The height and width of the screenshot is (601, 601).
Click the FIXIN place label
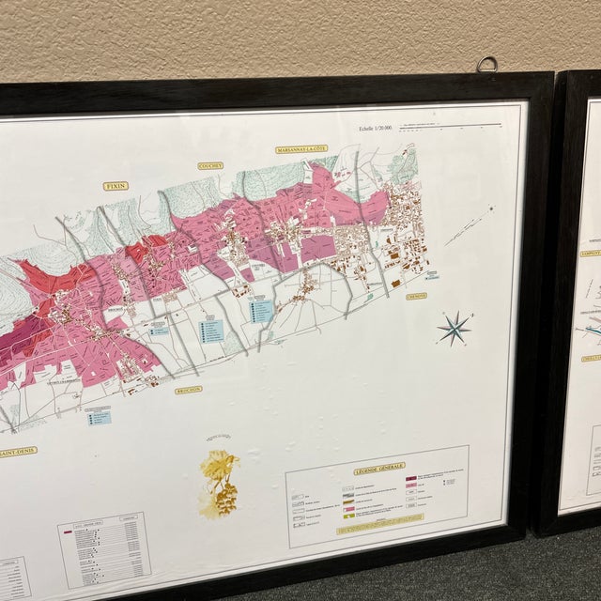[116, 186]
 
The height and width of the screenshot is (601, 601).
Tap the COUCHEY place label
[210, 165]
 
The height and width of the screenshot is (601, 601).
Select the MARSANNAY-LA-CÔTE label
[301, 149]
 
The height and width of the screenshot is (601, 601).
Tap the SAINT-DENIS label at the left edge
[17, 451]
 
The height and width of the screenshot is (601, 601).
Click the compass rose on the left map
[455, 327]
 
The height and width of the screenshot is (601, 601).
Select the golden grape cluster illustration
[221, 482]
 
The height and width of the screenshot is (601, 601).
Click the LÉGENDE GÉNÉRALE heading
[378, 467]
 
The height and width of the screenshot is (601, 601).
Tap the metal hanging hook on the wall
[485, 65]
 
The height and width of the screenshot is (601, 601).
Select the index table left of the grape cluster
[104, 548]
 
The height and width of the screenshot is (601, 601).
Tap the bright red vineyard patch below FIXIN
[136, 252]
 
